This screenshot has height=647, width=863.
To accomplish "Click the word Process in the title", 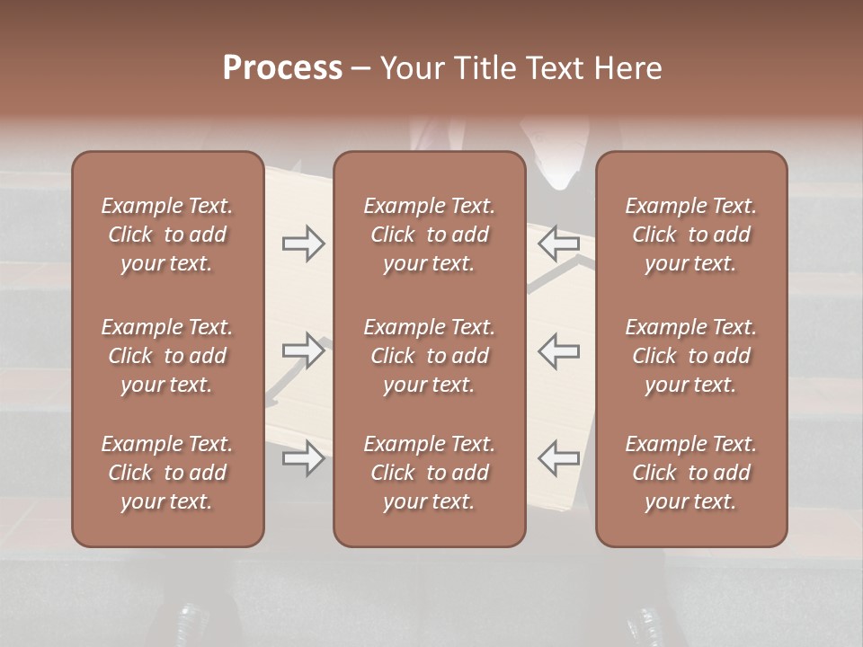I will [282, 68].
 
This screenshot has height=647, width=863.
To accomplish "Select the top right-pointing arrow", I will [303, 244].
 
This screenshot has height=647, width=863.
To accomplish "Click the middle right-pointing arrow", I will [303, 350].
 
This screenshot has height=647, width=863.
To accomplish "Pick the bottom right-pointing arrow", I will [303, 458].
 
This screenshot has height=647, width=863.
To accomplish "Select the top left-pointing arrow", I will [559, 244].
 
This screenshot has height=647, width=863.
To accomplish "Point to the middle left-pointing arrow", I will [559, 350].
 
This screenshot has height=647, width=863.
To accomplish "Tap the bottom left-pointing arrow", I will [559, 458].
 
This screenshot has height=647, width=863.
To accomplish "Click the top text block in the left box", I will [167, 235].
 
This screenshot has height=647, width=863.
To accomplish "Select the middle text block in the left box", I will [167, 356].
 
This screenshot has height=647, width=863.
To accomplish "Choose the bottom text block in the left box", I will [167, 473].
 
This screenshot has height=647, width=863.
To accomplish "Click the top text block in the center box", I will [429, 235].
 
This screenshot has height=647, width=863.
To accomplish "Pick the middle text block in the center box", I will [429, 356].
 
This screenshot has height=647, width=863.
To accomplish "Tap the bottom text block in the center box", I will [429, 473].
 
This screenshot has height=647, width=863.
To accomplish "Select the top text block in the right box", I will [690, 235].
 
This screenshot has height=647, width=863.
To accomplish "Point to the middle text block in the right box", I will [690, 356].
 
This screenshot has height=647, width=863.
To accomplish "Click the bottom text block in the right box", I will [690, 473].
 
